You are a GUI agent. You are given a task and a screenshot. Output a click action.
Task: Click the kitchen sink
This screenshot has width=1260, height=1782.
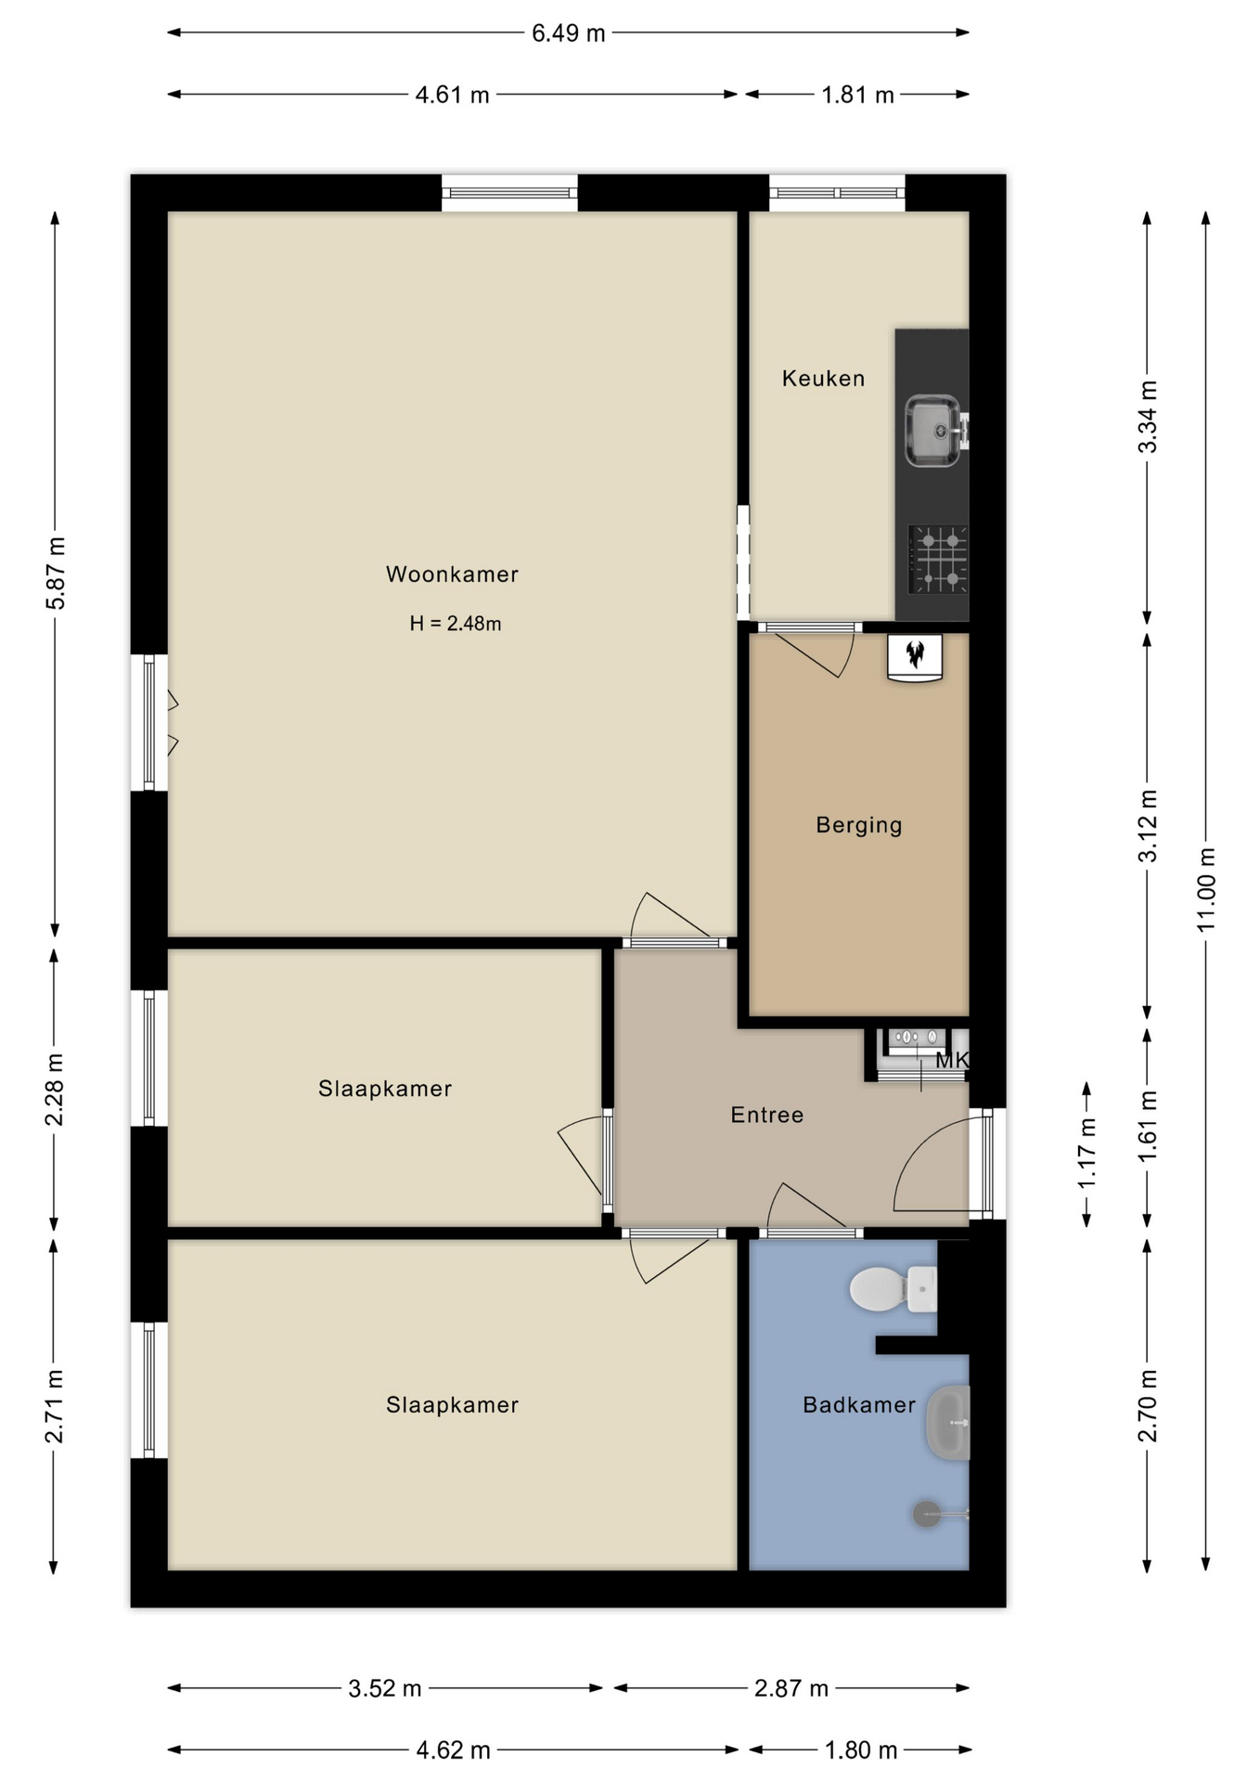tap(933, 431)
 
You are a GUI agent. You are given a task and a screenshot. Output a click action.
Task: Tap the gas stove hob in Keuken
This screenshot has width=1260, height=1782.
tap(938, 559)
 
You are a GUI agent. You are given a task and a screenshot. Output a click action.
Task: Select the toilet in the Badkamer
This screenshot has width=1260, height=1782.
tap(894, 1289)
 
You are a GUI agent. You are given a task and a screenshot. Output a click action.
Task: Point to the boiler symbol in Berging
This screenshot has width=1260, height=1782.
tap(916, 657)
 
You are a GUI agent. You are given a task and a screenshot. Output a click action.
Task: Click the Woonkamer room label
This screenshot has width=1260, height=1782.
tap(452, 575)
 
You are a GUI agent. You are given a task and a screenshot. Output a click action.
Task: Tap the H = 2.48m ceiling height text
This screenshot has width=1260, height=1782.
tap(456, 624)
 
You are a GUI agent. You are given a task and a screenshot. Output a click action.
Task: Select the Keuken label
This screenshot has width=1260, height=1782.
tap(823, 379)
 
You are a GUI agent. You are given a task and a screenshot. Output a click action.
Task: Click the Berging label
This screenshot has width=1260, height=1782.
tap(859, 825)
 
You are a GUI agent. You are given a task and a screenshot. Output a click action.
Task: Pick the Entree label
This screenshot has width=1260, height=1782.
tap(767, 1115)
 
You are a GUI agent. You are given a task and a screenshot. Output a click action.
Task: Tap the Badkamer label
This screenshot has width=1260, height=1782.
tap(859, 1405)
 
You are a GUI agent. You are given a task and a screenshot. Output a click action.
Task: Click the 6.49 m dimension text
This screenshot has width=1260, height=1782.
tap(568, 33)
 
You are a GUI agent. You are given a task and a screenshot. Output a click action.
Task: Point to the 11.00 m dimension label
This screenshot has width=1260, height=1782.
tap(1205, 890)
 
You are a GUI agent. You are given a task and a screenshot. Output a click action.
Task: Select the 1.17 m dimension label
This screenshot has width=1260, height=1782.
tap(1086, 1154)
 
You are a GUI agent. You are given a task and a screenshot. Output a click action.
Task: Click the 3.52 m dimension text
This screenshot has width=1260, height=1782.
tap(385, 1688)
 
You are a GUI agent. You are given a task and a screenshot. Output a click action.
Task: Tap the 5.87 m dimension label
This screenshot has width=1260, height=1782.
tap(55, 574)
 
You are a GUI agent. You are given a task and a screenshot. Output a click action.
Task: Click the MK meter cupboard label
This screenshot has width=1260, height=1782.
tap(952, 1060)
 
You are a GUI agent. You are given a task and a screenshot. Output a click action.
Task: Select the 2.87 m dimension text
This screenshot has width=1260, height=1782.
tap(791, 1688)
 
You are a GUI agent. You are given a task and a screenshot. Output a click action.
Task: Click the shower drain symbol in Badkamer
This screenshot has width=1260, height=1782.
tap(927, 1514)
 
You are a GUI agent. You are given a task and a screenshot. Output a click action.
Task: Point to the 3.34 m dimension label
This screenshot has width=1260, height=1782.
tap(1148, 417)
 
